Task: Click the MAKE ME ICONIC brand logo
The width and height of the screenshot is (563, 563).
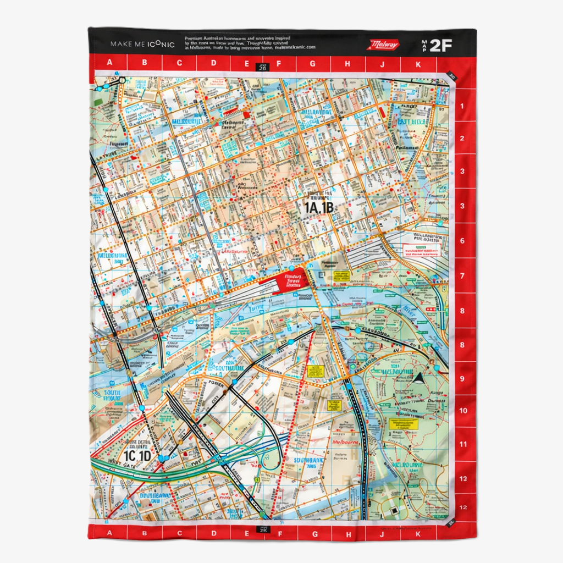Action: (142, 44)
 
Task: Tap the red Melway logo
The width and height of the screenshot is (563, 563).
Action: (383, 45)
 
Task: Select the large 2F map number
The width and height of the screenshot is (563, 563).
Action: (440, 45)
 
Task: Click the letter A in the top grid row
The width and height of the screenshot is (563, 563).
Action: (109, 63)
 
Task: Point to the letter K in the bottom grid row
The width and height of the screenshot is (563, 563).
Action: (417, 533)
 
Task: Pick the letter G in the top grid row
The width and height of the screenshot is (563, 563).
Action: (312, 63)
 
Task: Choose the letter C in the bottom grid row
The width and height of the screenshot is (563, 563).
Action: (179, 533)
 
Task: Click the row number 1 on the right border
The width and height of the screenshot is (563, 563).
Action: (462, 106)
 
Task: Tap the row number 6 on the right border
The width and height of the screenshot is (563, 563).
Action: (462, 241)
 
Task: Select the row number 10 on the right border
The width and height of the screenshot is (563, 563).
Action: (463, 411)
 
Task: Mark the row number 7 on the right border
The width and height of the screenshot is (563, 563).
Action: (462, 276)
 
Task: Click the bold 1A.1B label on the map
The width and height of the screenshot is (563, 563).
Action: (318, 207)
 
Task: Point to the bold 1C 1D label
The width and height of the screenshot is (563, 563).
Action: (137, 456)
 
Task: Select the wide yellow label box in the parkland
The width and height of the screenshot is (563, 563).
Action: (403, 424)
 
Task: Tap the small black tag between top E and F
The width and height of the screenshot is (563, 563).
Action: (262, 68)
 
